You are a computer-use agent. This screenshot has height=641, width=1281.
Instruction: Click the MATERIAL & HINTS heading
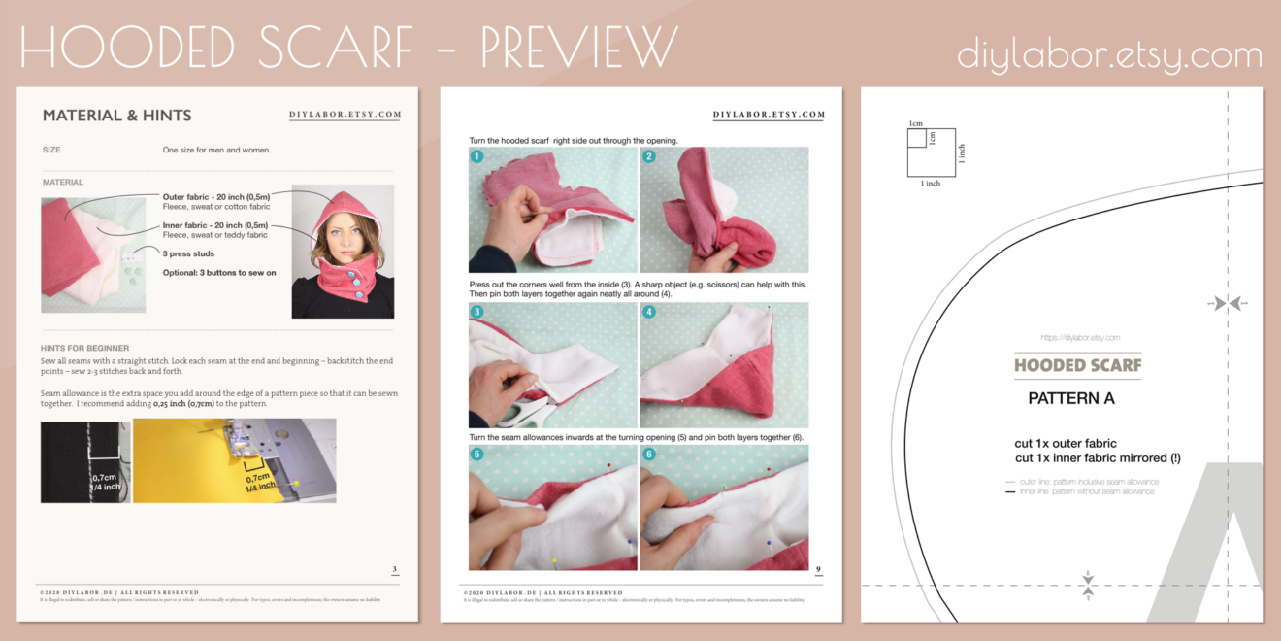116,116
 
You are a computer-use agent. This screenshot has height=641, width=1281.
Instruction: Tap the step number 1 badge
477,156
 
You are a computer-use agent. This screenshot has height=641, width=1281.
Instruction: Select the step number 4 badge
648,312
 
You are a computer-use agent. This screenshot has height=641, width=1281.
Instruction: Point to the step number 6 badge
648,454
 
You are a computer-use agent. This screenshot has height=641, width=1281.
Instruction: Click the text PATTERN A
1070,398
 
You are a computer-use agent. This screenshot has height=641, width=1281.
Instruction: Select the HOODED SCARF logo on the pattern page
1077,366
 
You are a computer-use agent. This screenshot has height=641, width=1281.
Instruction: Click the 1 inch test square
931,152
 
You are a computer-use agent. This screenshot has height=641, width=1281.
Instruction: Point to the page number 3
394,570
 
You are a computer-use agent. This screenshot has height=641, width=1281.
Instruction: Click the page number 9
818,570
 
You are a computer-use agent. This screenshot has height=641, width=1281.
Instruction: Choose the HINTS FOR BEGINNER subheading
85,348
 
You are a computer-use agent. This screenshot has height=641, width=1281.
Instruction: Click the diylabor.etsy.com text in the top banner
1109,54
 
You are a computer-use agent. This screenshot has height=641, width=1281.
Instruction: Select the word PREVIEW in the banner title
578,47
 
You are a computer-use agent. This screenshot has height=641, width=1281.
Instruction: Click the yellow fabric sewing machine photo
234,460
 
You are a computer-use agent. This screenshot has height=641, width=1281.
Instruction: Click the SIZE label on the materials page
51,151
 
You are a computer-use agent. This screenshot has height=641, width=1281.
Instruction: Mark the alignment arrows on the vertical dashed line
1228,304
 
